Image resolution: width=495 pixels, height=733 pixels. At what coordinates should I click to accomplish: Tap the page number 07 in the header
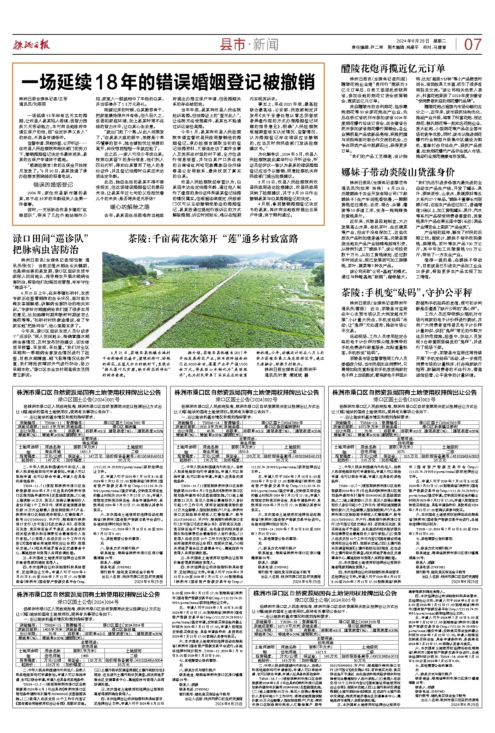pyautogui.click(x=473, y=45)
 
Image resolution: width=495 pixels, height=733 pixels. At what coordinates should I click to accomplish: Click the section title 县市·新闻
pyautogui.click(x=249, y=45)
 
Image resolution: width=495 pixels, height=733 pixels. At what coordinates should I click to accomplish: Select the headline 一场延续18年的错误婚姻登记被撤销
pyautogui.click(x=168, y=82)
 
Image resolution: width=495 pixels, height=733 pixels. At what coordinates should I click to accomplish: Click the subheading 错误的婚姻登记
pyautogui.click(x=53, y=184)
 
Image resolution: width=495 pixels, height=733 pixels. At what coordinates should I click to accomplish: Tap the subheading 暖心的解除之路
pyautogui.click(x=130, y=207)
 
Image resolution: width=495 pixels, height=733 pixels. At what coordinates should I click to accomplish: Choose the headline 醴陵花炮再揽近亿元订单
pyautogui.click(x=393, y=69)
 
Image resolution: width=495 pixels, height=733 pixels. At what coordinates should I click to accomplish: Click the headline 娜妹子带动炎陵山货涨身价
pyautogui.click(x=398, y=172)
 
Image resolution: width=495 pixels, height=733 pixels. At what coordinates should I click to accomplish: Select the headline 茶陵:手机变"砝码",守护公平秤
pyautogui.click(x=407, y=293)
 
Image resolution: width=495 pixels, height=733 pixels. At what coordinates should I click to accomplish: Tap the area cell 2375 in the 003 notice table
pyautogui.click(x=400, y=452)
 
